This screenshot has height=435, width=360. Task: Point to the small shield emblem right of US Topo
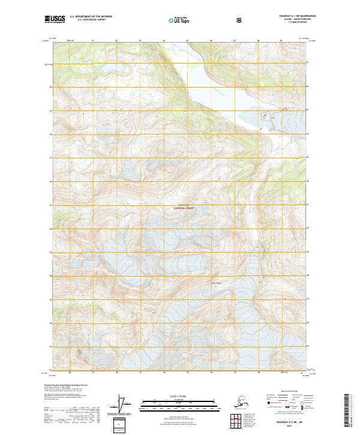pos(239,20)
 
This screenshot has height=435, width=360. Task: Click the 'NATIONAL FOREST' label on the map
pos(184,208)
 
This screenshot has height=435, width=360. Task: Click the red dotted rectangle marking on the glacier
pos(150,310)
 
